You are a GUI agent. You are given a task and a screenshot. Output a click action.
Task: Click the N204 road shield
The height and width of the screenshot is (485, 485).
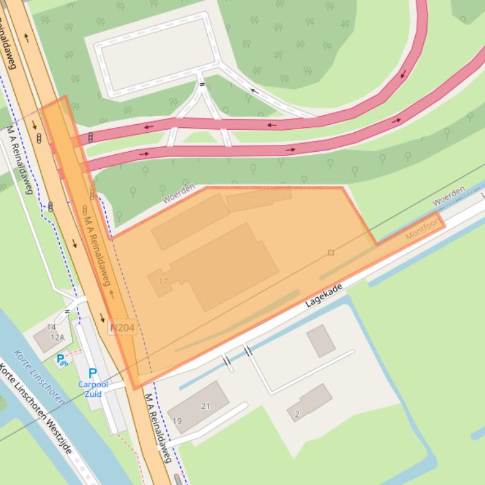pyautogui.click(x=122, y=328)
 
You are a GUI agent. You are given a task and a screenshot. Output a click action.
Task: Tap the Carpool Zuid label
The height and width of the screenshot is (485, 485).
pyautogui.click(x=93, y=389)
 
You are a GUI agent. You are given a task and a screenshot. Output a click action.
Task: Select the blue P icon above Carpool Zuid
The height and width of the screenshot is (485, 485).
pyautogui.click(x=93, y=373)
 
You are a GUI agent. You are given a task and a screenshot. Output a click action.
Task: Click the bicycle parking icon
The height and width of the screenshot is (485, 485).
pyautogui.click(x=62, y=360)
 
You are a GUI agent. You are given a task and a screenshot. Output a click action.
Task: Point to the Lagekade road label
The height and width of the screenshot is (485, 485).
pyautogui.click(x=324, y=295)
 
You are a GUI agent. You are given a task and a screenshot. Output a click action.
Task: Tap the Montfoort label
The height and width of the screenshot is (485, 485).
pyautogui.click(x=421, y=229)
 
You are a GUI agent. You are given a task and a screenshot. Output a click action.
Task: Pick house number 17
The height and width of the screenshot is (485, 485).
pyautogui.click(x=164, y=281)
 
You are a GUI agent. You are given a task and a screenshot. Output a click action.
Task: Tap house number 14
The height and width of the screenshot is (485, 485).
pyautogui.click(x=51, y=328)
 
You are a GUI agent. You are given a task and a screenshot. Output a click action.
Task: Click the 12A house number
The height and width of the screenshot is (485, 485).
pyautogui.click(x=57, y=338)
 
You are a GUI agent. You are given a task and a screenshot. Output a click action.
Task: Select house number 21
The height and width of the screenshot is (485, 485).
pyautogui.click(x=205, y=406)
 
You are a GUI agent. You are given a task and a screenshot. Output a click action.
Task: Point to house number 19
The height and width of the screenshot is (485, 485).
pyautogui.click(x=177, y=421)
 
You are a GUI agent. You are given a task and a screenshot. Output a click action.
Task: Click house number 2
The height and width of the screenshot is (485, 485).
pyautogui.click(x=297, y=414)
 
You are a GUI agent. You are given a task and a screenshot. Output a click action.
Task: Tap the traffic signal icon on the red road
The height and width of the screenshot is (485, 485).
pyautogui.click(x=91, y=137)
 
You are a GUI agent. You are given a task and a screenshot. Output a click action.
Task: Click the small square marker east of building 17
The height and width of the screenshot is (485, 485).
pyautogui.click(x=331, y=253)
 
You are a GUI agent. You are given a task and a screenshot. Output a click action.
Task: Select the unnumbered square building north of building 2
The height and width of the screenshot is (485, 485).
pyautogui.click(x=321, y=340)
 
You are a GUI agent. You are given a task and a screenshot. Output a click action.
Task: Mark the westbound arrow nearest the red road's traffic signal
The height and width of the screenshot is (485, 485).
pyautogui.click(x=149, y=127)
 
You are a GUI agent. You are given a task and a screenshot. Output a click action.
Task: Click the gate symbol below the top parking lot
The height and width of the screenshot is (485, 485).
pyautogui.click(x=202, y=84)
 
